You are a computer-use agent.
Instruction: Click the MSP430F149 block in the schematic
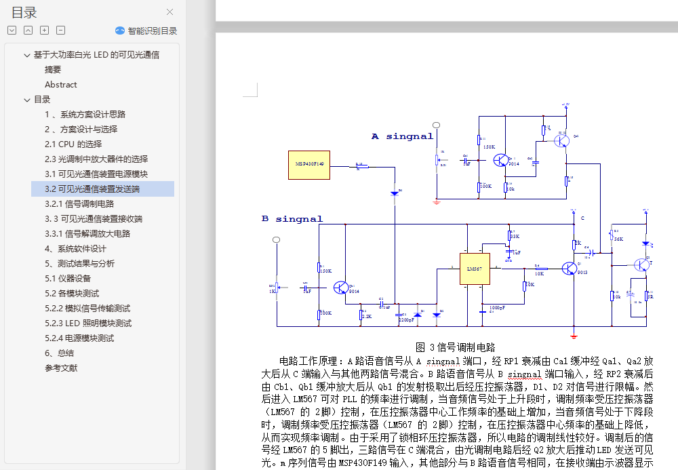[309, 165]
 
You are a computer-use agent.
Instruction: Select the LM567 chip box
[474, 269]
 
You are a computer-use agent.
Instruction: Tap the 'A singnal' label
[402, 136]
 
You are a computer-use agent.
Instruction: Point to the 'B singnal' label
[292, 219]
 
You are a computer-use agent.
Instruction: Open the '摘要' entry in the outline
[53, 70]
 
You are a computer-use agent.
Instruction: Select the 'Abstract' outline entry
[61, 85]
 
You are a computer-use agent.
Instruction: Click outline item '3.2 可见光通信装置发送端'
[92, 189]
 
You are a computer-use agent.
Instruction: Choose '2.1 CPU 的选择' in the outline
[73, 144]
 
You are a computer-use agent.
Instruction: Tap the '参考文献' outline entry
[61, 368]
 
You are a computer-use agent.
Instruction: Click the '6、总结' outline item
[59, 353]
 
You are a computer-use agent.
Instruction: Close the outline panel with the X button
[170, 12]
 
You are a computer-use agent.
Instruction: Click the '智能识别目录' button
[146, 31]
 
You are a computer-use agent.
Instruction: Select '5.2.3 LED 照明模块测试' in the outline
[88, 324]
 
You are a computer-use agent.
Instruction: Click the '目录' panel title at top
[24, 12]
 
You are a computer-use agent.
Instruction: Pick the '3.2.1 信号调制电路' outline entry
[79, 204]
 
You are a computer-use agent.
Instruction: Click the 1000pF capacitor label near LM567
[498, 307]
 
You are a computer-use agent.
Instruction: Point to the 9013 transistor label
[582, 273]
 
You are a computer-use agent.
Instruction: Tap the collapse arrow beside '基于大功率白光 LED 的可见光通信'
[27, 55]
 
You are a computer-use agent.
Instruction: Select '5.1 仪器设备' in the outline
[68, 279]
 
